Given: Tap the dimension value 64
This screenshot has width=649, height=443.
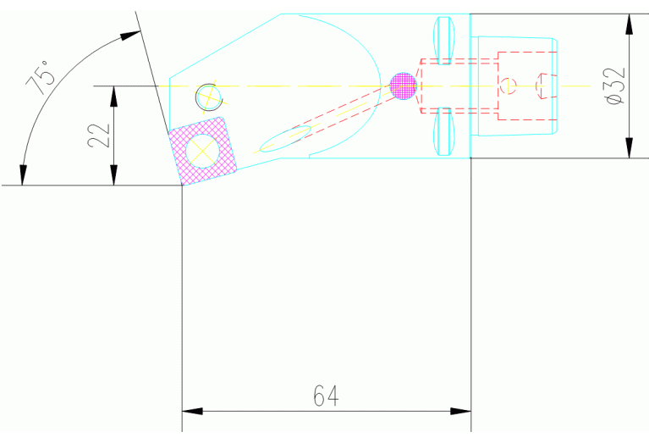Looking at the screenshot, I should (326, 396).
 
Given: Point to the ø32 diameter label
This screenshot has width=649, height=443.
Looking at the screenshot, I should (615, 86).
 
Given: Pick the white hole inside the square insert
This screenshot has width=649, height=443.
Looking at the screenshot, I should (203, 148).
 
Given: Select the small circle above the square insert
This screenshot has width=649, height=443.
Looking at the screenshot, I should (206, 97).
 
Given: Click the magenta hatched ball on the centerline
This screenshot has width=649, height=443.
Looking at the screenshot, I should (404, 86).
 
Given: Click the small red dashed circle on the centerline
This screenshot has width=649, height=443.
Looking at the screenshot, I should (508, 85).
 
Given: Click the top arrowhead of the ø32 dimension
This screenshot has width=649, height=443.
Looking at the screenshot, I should (629, 24).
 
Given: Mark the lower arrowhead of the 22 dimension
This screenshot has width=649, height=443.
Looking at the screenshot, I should (113, 175).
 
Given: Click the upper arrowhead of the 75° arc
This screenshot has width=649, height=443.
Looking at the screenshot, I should (130, 36).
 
